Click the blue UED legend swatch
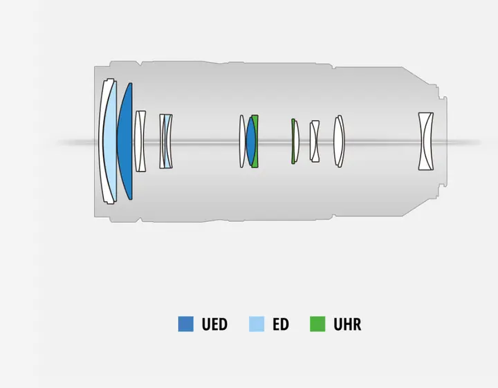pyautogui.click(x=186, y=324)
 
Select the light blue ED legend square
pyautogui.click(x=257, y=324)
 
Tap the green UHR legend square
pyautogui.click(x=317, y=324)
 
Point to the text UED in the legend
pyautogui.click(x=214, y=324)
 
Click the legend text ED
pyautogui.click(x=281, y=324)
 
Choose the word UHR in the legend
pyautogui.click(x=347, y=324)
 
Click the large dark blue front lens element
pyautogui.click(x=126, y=141)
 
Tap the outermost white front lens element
pyautogui.click(x=103, y=141)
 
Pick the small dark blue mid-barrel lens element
pyautogui.click(x=250, y=141)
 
